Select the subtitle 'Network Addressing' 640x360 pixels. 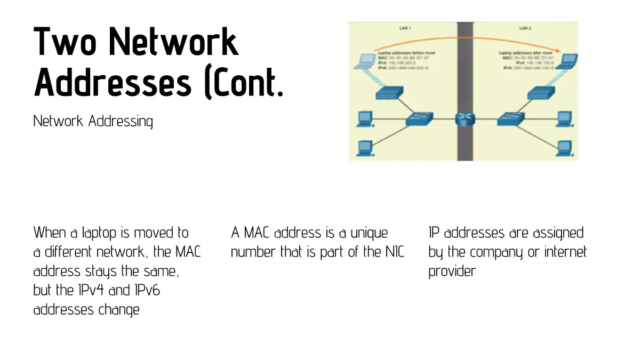[x=93, y=121]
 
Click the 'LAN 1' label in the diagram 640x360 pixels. [x=405, y=28]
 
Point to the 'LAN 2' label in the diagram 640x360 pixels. [x=526, y=28]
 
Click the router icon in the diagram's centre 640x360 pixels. [x=465, y=119]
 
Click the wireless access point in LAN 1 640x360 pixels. [x=386, y=95]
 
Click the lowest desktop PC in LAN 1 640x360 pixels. [x=364, y=146]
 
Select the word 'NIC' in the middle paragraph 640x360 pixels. [x=391, y=252]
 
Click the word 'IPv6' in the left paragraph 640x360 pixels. [x=126, y=291]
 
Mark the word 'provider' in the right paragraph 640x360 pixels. [x=451, y=271]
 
